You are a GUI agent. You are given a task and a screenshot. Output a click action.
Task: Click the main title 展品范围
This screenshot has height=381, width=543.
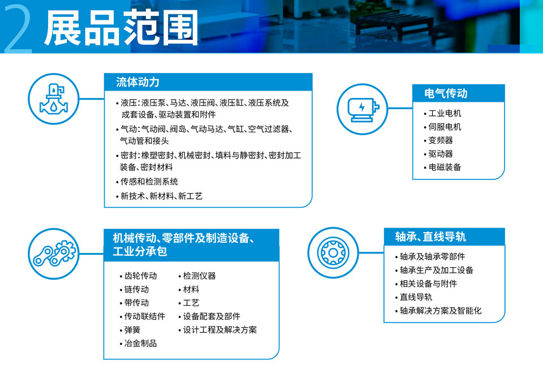tap(121, 28)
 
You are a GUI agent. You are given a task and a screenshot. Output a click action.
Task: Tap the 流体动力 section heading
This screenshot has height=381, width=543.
tap(137, 82)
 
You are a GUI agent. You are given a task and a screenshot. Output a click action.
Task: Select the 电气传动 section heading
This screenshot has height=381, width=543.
tap(446, 93)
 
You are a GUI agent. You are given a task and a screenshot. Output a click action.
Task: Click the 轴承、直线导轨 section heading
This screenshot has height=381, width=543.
tap(430, 237)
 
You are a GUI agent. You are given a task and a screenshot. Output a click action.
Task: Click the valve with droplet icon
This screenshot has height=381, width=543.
tap(54, 99)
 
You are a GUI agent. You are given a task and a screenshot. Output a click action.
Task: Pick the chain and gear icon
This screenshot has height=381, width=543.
tap(54, 254)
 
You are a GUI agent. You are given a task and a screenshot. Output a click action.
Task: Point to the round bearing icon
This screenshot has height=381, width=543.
tap(333, 252)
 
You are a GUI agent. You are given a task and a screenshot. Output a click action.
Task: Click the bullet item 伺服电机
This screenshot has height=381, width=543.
tap(445, 127)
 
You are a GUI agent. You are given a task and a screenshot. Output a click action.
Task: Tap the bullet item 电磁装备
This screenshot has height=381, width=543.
tap(445, 168)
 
